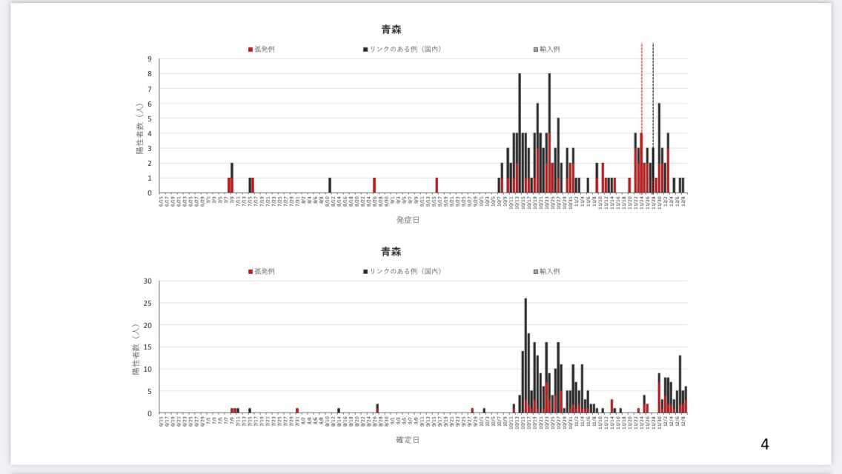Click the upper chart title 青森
coord(391,30)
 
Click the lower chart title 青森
coord(391,253)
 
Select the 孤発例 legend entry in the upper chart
coord(262,49)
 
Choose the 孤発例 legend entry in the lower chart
coord(262,271)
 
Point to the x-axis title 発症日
coord(408,219)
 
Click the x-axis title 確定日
coord(408,440)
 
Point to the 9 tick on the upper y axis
coord(150,59)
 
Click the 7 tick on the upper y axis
coord(150,89)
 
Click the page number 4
coord(765,444)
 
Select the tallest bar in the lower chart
coord(526,355)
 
